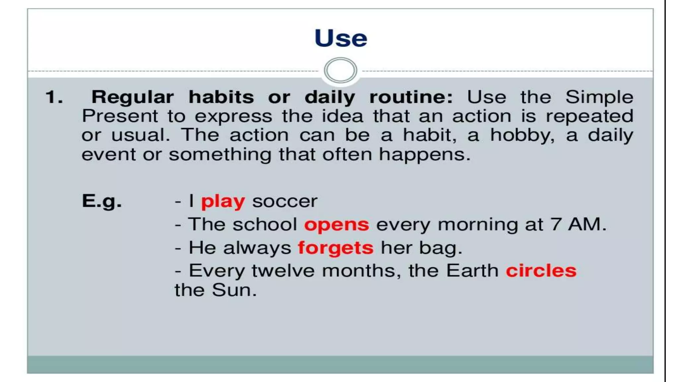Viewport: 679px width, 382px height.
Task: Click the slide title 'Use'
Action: pos(340,38)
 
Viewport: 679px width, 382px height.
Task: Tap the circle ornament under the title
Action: pos(340,70)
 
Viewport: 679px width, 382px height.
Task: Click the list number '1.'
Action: pos(54,97)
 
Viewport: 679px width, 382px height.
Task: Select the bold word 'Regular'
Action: pos(132,97)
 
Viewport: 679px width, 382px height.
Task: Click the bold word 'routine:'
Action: pos(411,97)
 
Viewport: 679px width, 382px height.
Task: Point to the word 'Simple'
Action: pos(599,97)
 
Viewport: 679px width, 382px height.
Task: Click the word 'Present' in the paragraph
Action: pos(120,116)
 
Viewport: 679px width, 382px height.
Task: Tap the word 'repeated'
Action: pos(589,117)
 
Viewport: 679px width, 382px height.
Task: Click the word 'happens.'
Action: pos(425,155)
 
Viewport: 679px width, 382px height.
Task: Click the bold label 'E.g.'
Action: pos(101,201)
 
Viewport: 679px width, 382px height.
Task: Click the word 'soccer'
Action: pos(285,201)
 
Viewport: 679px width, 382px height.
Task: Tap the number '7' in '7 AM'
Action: pos(556,224)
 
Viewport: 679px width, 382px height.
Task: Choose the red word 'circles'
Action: pos(541,271)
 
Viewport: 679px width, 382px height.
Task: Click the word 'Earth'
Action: pos(472,271)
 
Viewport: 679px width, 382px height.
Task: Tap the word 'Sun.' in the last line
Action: pos(234,290)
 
